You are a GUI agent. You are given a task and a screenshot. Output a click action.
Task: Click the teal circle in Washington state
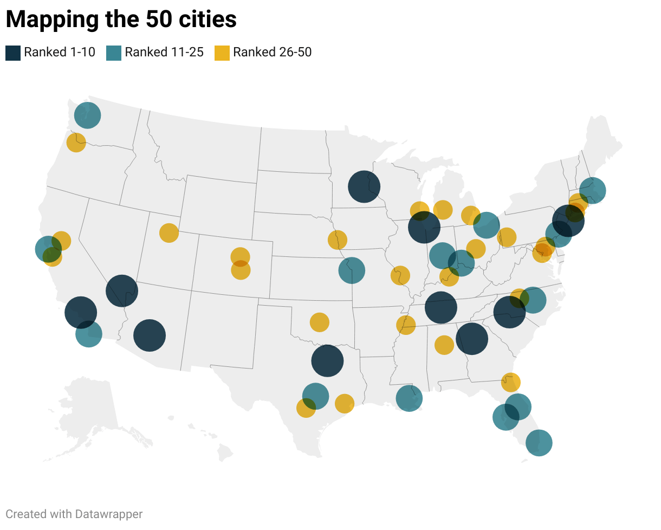pos(87,115)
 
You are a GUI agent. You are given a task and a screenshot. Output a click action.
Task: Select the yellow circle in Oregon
pos(76,143)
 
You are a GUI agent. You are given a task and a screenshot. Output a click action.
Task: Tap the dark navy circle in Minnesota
pos(364,186)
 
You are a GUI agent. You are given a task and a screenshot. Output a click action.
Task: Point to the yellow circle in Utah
pos(169,232)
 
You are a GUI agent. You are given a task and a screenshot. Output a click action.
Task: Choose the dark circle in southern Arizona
pos(149,335)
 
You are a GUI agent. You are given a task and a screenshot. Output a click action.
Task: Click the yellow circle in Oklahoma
pos(320,322)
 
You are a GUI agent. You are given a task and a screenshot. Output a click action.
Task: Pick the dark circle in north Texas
pos(327,360)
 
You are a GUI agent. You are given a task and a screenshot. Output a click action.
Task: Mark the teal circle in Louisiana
pos(409,398)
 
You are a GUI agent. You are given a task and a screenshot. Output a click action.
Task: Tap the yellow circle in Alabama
pos(444,345)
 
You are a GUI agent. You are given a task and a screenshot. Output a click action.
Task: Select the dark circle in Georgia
pos(472,339)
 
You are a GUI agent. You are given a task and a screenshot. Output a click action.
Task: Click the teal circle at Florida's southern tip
pos(539,443)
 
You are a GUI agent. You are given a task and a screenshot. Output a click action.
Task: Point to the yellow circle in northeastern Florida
pos(510,382)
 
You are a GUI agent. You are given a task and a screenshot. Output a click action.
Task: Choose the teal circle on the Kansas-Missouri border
pos(352,270)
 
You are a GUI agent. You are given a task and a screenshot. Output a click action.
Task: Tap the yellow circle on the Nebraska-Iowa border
pos(338,239)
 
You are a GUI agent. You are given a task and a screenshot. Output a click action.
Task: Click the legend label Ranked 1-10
pos(60,53)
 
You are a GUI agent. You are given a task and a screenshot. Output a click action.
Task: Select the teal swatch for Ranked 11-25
pos(114,53)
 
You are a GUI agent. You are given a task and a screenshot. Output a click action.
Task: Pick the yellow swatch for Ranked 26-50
pos(222,53)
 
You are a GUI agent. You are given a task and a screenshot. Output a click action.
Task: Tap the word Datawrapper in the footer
pos(109,514)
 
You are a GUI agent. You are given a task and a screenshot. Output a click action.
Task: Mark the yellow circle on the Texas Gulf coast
pos(345,403)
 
